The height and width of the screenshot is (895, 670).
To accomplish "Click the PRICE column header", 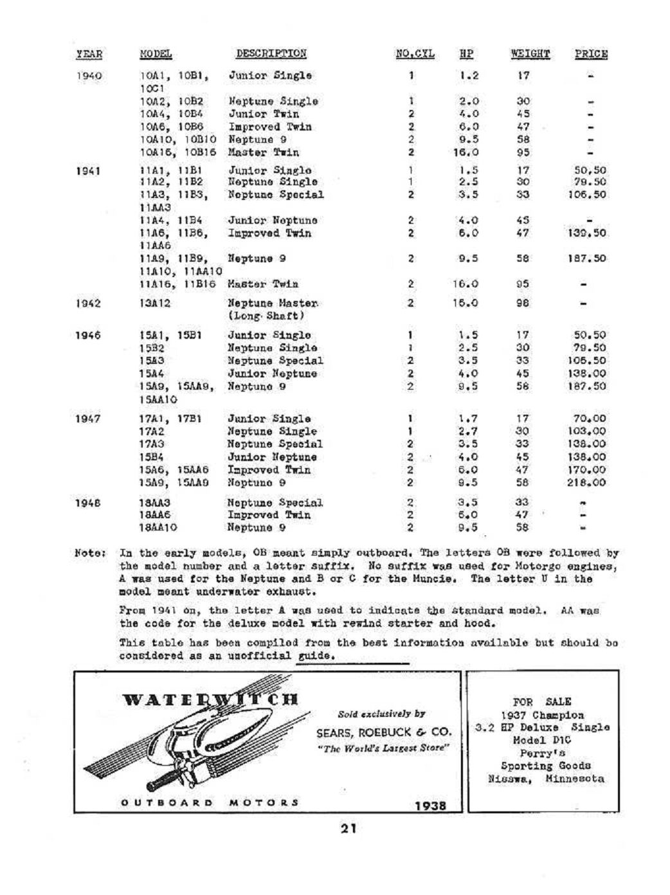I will click(x=591, y=54).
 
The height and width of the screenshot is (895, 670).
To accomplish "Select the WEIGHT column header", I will click(x=530, y=54).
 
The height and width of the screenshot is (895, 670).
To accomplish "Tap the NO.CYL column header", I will click(x=415, y=54).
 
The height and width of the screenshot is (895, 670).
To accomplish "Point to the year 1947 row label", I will click(x=89, y=419).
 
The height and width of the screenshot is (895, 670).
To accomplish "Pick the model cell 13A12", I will click(x=155, y=303).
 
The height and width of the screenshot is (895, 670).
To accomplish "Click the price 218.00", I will click(x=590, y=483).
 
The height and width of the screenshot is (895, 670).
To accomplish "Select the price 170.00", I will click(x=590, y=470).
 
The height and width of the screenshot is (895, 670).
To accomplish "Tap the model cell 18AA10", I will click(x=158, y=528).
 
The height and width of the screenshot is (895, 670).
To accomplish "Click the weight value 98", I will click(x=523, y=303).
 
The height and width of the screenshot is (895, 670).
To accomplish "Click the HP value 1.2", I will click(x=469, y=76).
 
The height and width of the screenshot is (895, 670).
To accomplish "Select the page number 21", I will click(x=349, y=829).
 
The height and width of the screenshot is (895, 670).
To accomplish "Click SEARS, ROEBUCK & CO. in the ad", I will click(x=383, y=733).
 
